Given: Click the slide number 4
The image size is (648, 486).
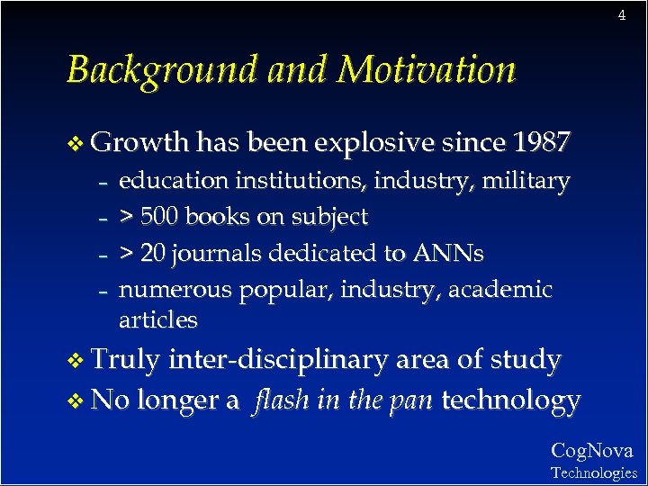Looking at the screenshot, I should (x=621, y=15).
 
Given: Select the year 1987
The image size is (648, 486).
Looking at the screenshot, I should (x=540, y=141).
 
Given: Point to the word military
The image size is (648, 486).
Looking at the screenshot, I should (x=526, y=182).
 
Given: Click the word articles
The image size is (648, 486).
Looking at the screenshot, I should (x=157, y=319).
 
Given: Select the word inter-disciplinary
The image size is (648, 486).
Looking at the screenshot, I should (x=278, y=361).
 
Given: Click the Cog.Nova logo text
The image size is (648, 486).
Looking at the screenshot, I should (x=592, y=450).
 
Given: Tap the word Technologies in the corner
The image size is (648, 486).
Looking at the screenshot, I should (x=593, y=472).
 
